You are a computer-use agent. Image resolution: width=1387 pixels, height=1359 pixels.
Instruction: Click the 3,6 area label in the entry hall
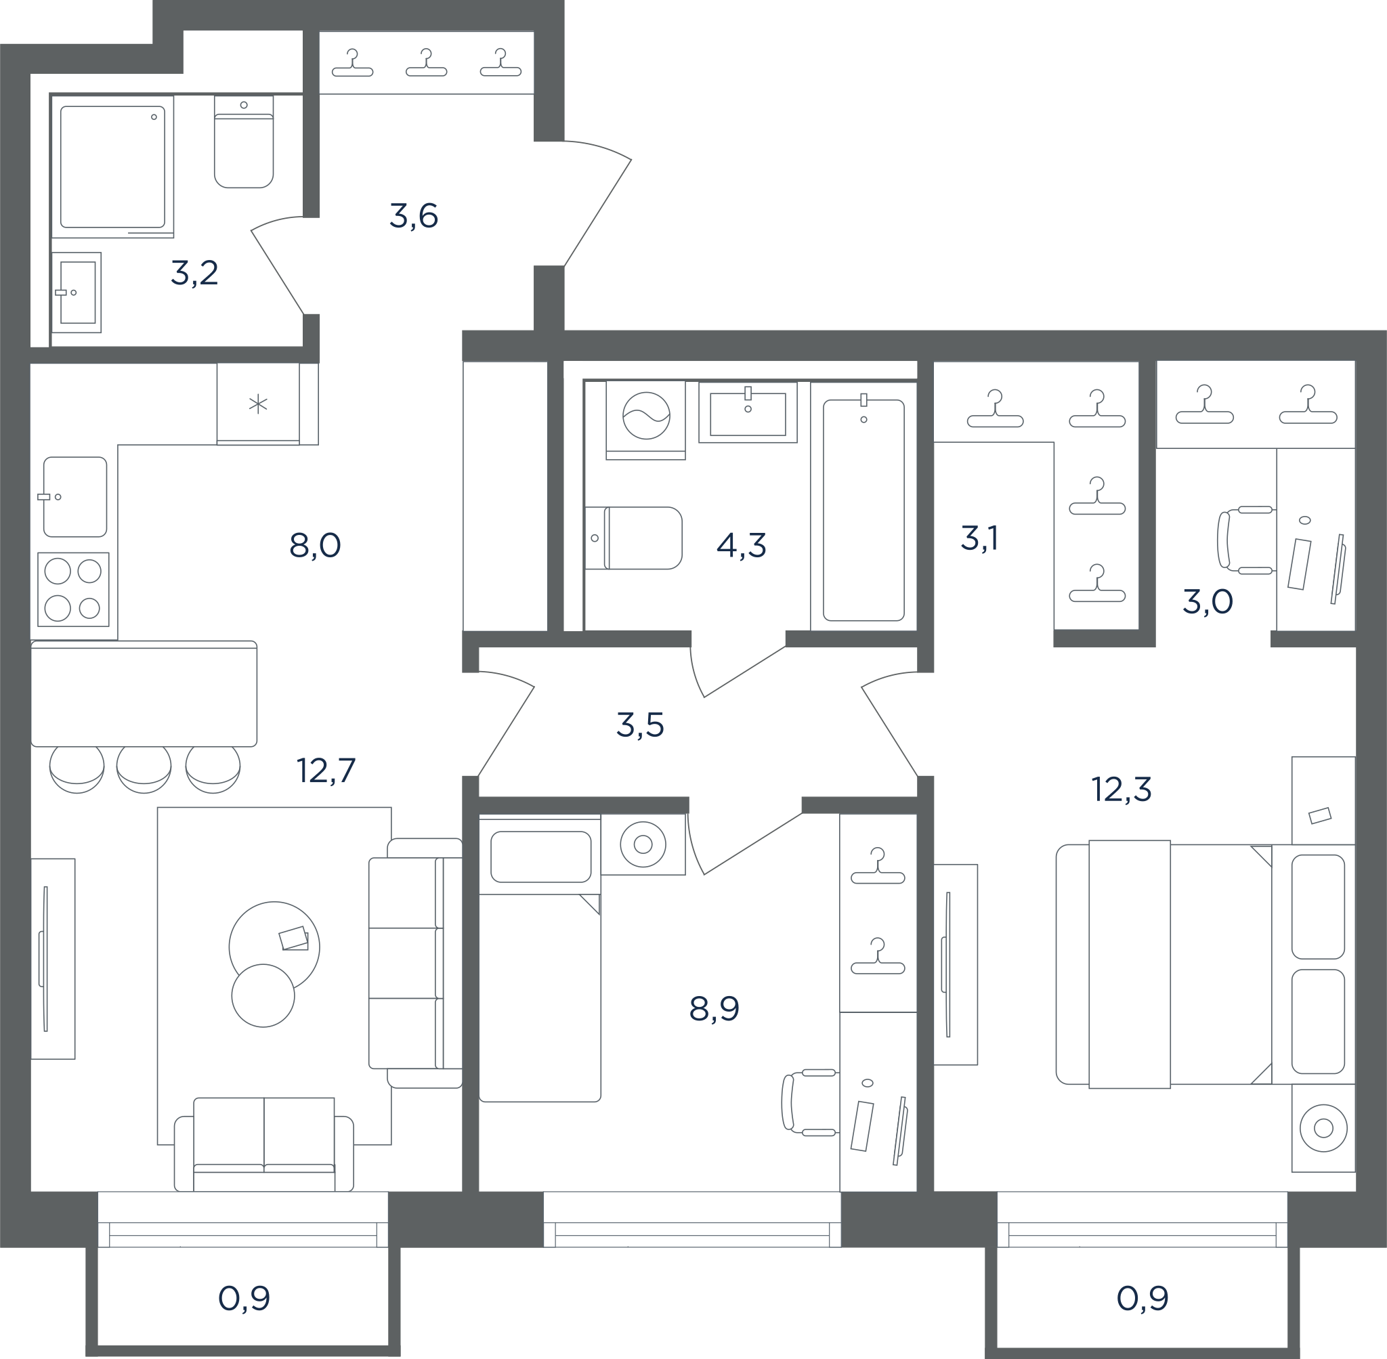tap(413, 215)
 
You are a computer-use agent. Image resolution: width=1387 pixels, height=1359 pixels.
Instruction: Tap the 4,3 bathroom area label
tap(741, 545)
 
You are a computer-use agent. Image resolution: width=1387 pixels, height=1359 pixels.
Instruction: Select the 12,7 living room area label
tap(326, 770)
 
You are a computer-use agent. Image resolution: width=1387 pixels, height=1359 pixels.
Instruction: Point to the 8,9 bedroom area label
tap(714, 1009)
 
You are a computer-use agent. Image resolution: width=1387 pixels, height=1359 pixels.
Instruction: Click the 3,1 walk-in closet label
tap(979, 538)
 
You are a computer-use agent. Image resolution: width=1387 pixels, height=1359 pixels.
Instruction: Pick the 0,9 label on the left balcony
tap(244, 1298)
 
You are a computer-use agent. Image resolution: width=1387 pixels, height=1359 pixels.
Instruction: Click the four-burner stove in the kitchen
tap(74, 590)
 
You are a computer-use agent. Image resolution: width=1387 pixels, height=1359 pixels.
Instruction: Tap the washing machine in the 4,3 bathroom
tap(646, 420)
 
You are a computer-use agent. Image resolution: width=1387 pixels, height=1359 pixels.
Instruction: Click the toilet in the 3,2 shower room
tap(244, 142)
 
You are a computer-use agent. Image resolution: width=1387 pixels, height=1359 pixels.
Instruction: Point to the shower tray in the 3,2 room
tap(113, 167)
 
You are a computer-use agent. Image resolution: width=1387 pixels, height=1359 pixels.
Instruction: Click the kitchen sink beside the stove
tap(74, 497)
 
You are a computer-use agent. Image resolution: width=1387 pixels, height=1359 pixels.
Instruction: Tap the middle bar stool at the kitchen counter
tap(144, 769)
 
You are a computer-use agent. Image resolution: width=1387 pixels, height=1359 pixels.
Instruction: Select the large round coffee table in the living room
tap(274, 947)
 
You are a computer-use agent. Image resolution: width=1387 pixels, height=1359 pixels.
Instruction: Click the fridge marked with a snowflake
tap(259, 404)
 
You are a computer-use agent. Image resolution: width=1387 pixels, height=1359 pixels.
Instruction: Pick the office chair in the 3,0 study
tap(1246, 540)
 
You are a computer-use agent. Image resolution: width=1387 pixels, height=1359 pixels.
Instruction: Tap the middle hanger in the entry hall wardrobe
tap(426, 63)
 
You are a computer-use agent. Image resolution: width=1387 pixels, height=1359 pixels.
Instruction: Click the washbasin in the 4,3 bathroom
tap(748, 412)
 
